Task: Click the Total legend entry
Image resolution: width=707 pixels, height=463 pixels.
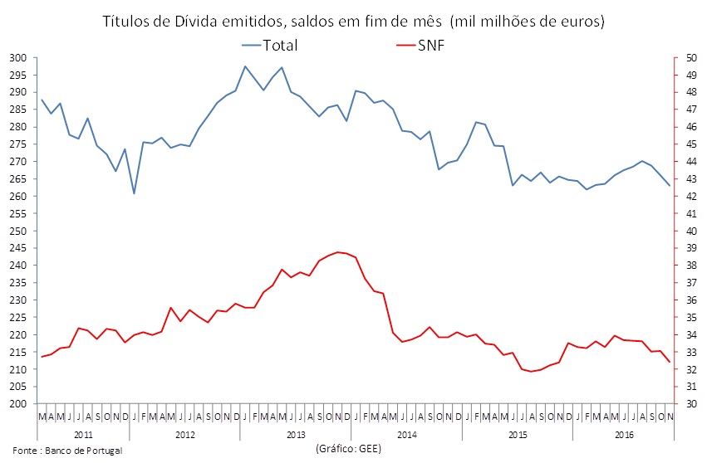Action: point(280,45)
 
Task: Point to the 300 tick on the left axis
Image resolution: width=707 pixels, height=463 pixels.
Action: point(18,58)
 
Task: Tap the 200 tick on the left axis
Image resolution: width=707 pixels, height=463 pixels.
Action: point(18,404)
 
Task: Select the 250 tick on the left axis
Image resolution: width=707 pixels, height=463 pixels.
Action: point(18,231)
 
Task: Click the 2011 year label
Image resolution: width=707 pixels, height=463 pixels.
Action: point(83,434)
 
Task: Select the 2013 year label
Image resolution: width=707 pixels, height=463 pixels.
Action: point(295,434)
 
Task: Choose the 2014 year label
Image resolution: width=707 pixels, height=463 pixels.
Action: point(406,434)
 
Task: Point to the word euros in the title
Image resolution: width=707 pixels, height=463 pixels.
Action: point(577,20)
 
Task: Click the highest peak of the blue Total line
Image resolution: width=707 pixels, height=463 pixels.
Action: point(245,66)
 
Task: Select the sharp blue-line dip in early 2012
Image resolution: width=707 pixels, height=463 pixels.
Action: point(134,193)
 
